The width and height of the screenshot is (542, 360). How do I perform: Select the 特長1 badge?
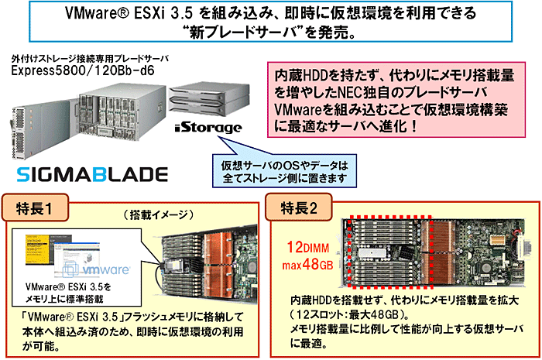(38, 207)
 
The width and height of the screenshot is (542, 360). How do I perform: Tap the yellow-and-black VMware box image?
(39, 252)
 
